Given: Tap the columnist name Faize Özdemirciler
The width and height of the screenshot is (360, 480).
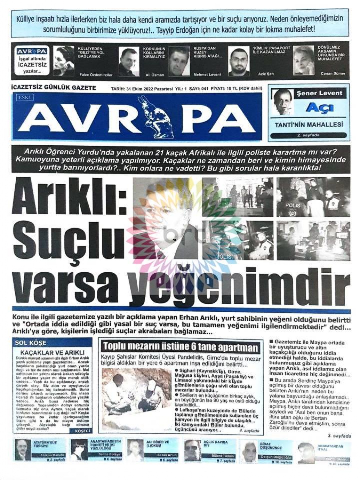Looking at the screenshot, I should pos(96,75).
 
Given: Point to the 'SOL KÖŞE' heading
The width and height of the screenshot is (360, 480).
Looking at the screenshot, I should pos(31,343).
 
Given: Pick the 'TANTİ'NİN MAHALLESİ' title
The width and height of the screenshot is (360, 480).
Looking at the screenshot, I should pos(308,125).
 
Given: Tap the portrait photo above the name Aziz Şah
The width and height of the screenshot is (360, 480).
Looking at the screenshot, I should pos(238,61).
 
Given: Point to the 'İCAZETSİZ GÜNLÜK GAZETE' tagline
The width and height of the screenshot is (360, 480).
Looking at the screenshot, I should pos(53,88).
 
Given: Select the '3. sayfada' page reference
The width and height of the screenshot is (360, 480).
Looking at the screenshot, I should pos(339,436).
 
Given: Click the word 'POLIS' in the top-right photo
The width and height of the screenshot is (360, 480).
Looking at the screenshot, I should pos(293,205).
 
